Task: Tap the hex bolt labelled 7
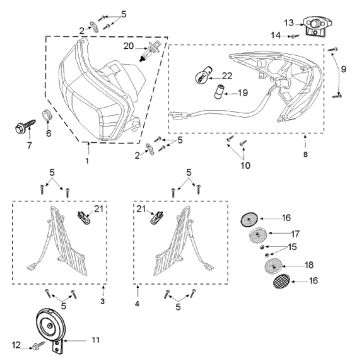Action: [25, 126]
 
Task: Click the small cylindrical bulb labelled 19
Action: [219, 91]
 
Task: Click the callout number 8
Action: [305, 155]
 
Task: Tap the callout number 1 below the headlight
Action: [87, 161]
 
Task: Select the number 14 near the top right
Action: [276, 35]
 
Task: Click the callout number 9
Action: [343, 69]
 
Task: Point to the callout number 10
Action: [245, 165]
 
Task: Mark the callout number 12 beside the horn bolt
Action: [16, 345]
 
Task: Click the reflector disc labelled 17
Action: [257, 236]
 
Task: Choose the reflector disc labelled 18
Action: [273, 266]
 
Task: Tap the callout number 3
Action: [102, 301]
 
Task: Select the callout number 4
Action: [137, 303]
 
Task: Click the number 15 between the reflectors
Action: [293, 247]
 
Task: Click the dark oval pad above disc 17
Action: [249, 220]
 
